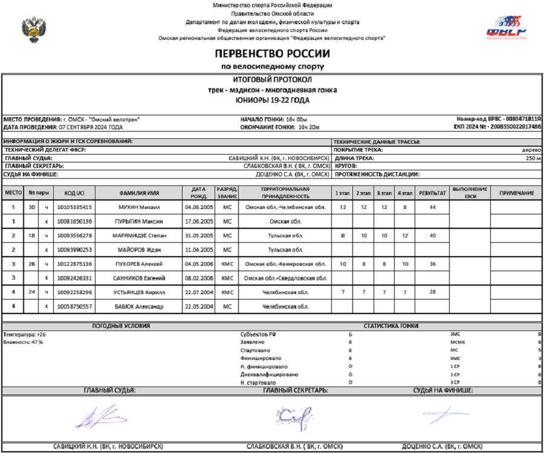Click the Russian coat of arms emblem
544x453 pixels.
click(x=31, y=28)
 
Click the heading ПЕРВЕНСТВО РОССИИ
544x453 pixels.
click(x=272, y=54)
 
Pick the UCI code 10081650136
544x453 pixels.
click(x=74, y=221)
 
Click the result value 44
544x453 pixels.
click(x=433, y=207)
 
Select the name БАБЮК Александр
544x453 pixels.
click(x=140, y=306)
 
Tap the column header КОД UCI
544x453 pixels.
click(x=74, y=193)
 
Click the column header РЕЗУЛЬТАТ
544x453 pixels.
click(x=433, y=193)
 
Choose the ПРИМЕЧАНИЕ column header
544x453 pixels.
click(x=516, y=193)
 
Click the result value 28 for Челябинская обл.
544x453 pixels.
click(x=433, y=292)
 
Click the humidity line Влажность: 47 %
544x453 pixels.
click(x=23, y=342)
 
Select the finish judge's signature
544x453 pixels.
click(x=446, y=414)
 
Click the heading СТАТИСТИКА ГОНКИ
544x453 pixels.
click(x=391, y=326)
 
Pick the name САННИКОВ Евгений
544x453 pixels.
click(x=140, y=278)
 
